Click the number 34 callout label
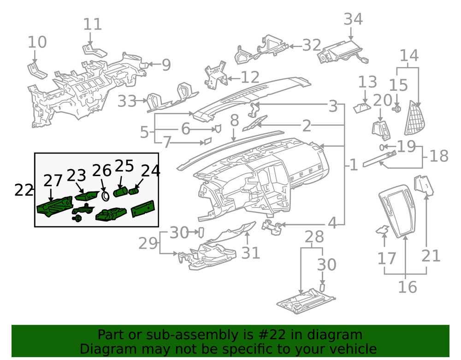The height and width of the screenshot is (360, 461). click(353, 19)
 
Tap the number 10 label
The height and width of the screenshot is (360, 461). click(37, 42)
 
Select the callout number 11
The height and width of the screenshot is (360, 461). click(92, 24)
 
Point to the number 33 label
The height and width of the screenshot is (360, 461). click(127, 101)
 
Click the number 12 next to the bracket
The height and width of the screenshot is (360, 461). click(249, 77)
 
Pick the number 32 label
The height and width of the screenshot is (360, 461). click(312, 45)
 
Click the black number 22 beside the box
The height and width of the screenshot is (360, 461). click(24, 189)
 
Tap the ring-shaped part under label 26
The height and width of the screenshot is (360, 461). click(106, 196)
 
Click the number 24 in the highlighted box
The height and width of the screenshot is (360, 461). click(150, 171)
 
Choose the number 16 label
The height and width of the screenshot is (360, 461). click(407, 287)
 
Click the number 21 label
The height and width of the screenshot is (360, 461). click(431, 255)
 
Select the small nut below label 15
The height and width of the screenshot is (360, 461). click(396, 109)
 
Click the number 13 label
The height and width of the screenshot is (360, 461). click(368, 83)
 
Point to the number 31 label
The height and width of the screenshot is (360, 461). click(250, 253)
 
